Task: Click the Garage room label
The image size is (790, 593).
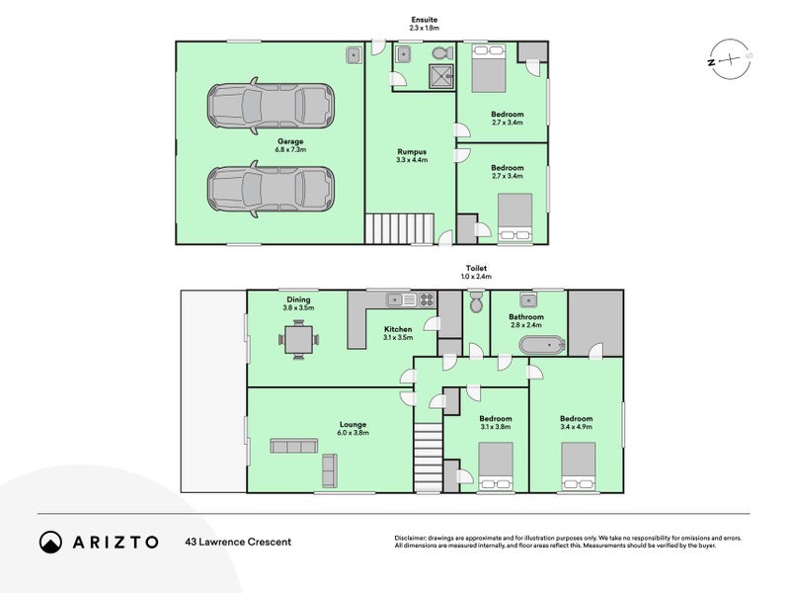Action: (x=291, y=141)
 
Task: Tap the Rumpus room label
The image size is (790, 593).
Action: (x=411, y=150)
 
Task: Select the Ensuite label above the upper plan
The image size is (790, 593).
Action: (x=425, y=20)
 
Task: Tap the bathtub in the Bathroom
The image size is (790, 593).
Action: (x=542, y=345)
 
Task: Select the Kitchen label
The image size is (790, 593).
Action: (x=397, y=329)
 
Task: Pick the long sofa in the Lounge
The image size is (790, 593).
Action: (x=291, y=447)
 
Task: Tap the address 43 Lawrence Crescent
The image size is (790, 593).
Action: (x=238, y=542)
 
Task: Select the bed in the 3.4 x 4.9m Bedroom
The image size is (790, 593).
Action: (x=578, y=466)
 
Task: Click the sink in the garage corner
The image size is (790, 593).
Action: (x=354, y=56)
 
